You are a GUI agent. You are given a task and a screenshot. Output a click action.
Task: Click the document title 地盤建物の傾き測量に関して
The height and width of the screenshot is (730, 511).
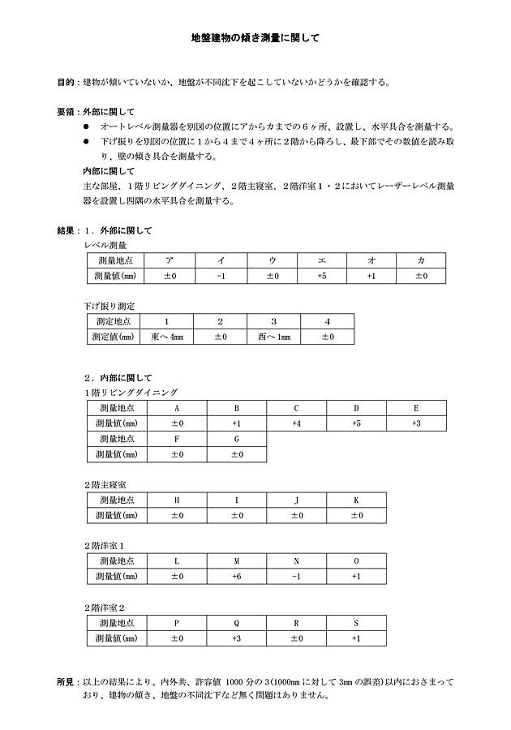(x=255, y=37)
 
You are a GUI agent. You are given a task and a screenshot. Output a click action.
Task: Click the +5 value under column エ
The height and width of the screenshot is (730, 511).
(x=322, y=277)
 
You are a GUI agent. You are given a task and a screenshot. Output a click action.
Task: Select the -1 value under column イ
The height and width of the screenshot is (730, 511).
(x=221, y=277)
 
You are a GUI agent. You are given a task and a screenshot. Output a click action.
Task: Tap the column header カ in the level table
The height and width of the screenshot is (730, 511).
(x=421, y=260)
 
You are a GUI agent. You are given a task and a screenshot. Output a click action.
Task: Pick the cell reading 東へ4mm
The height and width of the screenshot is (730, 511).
(x=167, y=337)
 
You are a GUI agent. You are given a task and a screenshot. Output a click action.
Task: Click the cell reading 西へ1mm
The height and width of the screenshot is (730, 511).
(x=273, y=337)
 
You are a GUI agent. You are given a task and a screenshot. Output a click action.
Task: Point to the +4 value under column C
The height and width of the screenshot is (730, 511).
(x=297, y=423)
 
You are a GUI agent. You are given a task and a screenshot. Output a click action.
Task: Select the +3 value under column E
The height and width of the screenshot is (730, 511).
(x=416, y=423)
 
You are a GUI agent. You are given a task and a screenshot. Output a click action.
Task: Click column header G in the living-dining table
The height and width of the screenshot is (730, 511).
(x=237, y=439)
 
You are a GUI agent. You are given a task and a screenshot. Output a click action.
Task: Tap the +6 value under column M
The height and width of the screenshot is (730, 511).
(x=237, y=577)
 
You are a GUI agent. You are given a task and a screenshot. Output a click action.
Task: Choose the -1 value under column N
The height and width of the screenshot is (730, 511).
(x=297, y=577)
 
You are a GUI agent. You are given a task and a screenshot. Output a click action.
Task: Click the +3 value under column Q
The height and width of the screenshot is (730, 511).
(x=237, y=638)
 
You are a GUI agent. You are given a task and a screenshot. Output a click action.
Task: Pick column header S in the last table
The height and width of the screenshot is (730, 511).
(x=356, y=622)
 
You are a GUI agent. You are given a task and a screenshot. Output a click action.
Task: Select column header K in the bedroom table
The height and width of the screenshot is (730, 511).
(x=356, y=500)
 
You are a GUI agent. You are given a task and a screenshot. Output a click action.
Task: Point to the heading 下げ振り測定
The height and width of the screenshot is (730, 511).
(x=109, y=306)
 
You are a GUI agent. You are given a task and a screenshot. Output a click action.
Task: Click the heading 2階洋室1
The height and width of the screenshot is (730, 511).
(x=105, y=546)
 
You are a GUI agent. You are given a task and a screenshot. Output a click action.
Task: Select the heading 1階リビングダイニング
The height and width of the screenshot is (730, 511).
(x=131, y=393)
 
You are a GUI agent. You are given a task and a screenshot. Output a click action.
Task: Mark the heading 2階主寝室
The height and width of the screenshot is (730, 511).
(x=105, y=484)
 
